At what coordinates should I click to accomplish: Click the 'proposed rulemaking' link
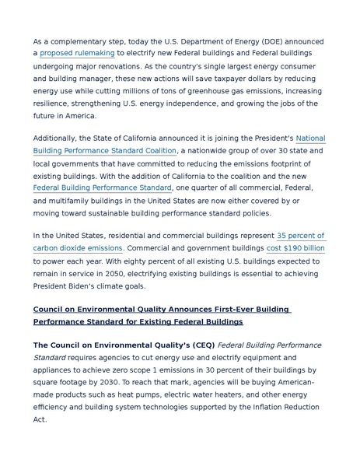pos(77,53)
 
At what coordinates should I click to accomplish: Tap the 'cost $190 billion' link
pos(295,248)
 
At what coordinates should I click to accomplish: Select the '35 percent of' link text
pos(300,236)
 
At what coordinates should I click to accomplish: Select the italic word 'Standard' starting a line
pos(50,357)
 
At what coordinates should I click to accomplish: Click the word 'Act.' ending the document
pos(40,419)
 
